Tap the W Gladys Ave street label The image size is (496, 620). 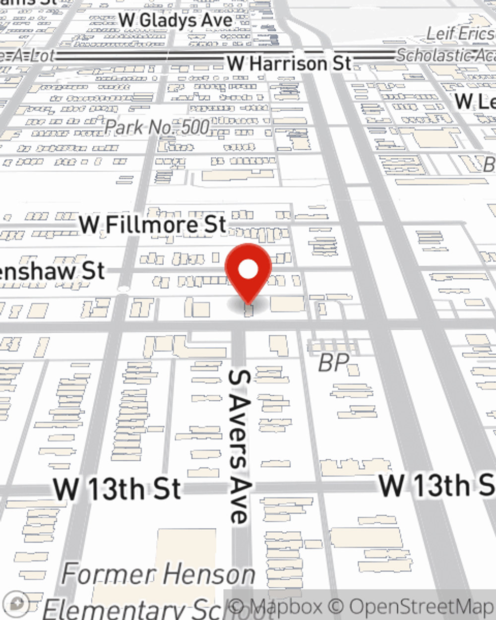[176, 20]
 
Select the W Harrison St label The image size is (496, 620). [289, 63]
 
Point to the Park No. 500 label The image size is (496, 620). [157, 127]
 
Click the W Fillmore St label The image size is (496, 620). [153, 225]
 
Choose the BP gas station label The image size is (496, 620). [333, 363]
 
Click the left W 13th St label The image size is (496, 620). [117, 489]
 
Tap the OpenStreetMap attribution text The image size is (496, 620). [422, 607]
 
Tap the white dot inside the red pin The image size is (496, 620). [248, 269]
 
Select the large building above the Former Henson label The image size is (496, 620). [186, 546]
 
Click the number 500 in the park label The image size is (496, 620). [195, 127]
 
